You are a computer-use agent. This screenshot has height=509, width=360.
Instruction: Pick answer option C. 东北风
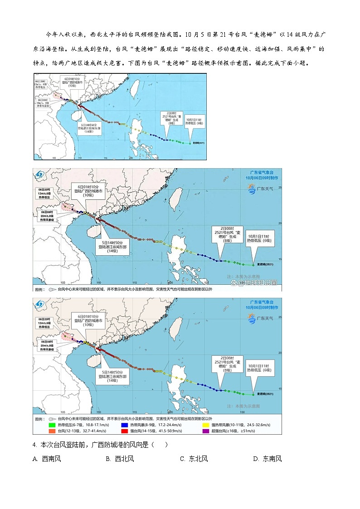point(194,459)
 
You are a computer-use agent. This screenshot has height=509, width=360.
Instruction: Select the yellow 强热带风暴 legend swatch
point(206,425)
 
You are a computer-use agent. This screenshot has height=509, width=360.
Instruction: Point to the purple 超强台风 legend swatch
point(206,431)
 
